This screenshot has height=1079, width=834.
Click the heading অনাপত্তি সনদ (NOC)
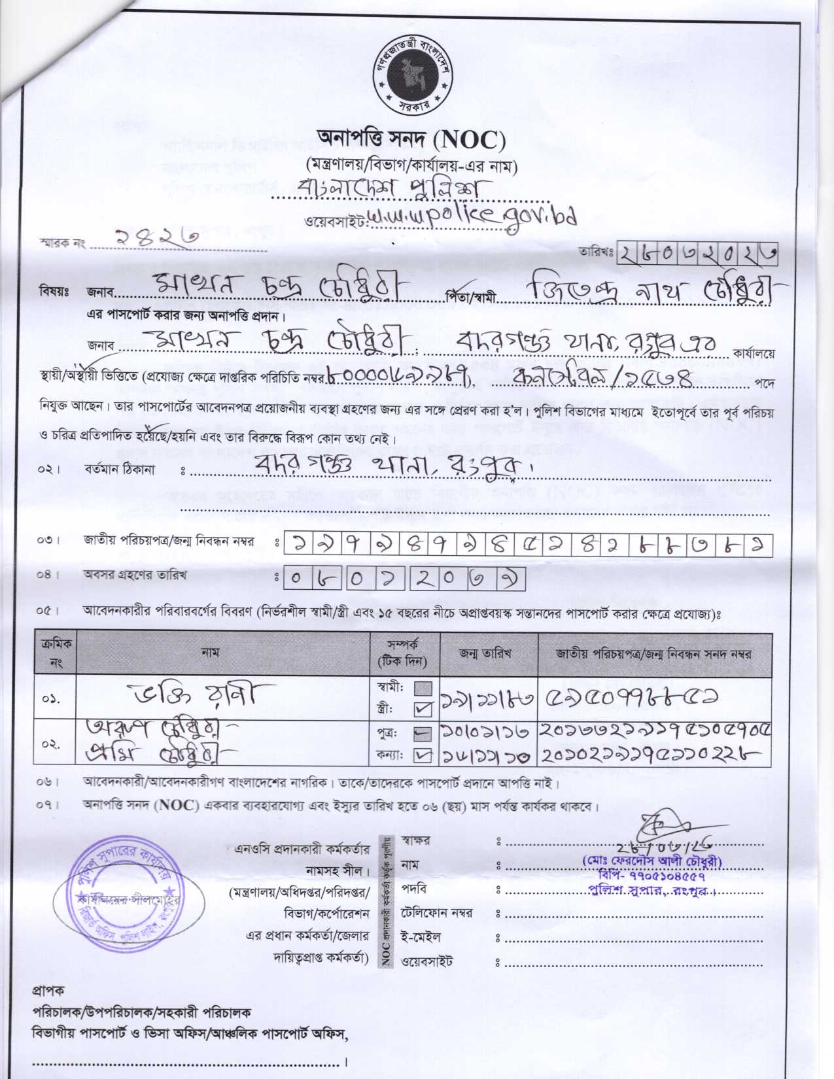click(411, 139)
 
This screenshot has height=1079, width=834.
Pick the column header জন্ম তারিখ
click(485, 653)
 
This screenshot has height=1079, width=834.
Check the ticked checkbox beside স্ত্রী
click(423, 708)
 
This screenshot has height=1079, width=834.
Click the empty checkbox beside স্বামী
click(423, 689)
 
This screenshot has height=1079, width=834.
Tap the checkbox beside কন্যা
click(423, 755)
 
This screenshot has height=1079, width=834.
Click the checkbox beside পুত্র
click(423, 735)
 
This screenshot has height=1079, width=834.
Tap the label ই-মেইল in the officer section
click(419, 938)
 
